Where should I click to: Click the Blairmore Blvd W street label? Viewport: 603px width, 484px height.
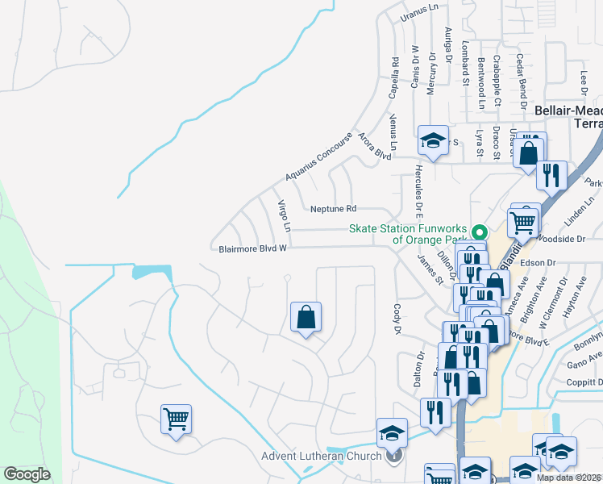[253, 249]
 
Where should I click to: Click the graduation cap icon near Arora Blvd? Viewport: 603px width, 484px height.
[433, 141]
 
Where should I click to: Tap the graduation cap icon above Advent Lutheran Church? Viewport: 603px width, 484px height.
[393, 432]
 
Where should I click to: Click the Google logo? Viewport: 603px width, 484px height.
[27, 474]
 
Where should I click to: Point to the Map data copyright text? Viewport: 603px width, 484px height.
[569, 478]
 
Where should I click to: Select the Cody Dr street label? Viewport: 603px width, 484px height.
[397, 319]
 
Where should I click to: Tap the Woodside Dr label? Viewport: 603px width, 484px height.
[563, 240]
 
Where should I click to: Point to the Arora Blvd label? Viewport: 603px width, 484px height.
[375, 145]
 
